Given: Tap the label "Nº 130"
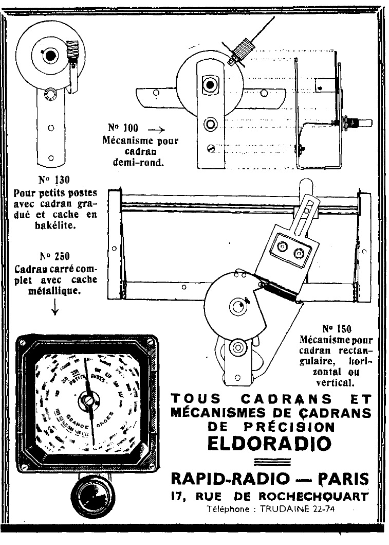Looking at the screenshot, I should [x=54, y=180].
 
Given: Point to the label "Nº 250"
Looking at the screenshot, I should [x=54, y=256].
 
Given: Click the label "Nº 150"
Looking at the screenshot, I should [x=337, y=328].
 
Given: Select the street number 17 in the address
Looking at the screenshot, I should [x=178, y=497].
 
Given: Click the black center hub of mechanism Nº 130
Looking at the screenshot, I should [x=50, y=55].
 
